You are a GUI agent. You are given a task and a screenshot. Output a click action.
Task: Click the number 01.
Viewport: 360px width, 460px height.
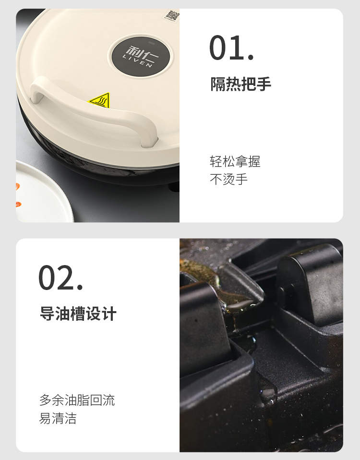coord(231,48)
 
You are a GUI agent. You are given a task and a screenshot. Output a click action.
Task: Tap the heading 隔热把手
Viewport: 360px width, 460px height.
coord(240,84)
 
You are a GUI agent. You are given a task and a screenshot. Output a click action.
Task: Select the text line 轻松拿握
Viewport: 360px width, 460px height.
coord(235,161)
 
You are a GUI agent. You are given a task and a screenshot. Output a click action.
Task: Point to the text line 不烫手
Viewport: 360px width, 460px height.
coord(228,179)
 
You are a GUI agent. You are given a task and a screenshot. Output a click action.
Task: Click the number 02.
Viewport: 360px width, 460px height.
coord(60,278)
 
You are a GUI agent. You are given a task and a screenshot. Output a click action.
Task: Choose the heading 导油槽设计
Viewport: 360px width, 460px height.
coord(78,314)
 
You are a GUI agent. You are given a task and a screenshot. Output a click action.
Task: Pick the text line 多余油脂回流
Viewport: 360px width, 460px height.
coord(77,400)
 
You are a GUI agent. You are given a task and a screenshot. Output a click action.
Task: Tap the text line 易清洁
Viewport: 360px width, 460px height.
coord(58,418)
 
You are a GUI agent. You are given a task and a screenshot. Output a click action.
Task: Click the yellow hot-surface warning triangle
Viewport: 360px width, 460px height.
coord(100,100)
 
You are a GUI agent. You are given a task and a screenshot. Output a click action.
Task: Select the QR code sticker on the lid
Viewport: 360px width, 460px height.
coord(171,15)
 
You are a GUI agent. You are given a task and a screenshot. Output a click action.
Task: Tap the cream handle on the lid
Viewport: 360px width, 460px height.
coord(94,111)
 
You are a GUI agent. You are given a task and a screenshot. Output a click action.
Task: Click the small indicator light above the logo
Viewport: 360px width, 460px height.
coord(151,43)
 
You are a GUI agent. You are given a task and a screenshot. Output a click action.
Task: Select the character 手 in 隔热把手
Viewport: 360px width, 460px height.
coord(264,84)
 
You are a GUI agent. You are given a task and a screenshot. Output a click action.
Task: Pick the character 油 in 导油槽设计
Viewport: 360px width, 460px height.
coord(62,314)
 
